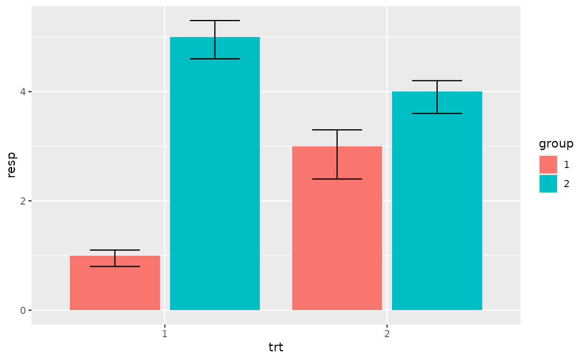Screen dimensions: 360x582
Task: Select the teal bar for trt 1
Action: (x=215, y=175)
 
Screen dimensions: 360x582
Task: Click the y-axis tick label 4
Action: (x=23, y=91)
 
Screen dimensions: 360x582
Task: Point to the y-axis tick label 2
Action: (x=23, y=201)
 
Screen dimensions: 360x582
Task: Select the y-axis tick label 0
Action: (x=23, y=310)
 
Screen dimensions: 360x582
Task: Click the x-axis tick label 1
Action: (x=165, y=334)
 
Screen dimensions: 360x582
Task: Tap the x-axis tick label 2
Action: (x=387, y=334)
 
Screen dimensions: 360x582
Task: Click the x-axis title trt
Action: (x=276, y=348)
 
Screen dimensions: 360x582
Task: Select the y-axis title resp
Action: (x=12, y=165)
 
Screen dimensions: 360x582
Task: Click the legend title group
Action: (x=556, y=144)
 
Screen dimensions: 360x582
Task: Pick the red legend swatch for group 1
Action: (x=548, y=165)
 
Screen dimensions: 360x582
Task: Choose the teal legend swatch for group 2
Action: (x=548, y=184)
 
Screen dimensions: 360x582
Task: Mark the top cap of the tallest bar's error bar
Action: (x=215, y=20)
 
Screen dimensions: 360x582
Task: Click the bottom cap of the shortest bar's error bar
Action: (x=115, y=266)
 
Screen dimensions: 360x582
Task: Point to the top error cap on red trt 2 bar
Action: (x=337, y=130)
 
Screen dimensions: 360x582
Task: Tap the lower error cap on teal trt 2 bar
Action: (x=437, y=113)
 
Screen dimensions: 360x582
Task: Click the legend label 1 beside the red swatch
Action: (x=567, y=165)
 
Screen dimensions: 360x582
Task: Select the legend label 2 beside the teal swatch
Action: (x=567, y=184)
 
